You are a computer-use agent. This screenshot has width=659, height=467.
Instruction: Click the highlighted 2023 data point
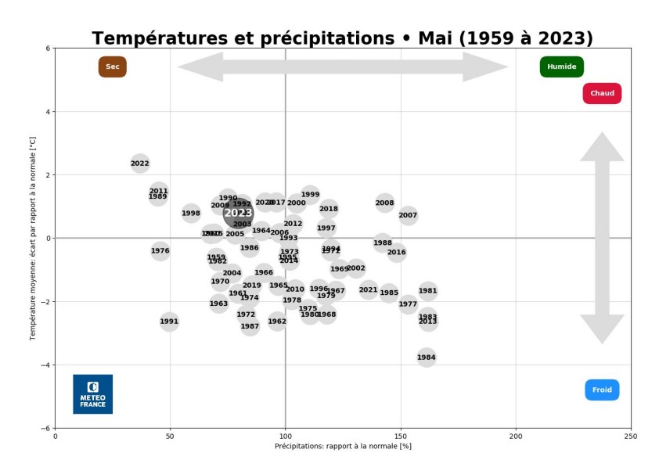238,212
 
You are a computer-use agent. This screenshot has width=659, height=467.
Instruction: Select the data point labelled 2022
140,163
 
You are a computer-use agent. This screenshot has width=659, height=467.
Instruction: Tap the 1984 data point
427,357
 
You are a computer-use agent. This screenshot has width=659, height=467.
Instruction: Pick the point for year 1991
169,322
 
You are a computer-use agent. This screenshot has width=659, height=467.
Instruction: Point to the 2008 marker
384,203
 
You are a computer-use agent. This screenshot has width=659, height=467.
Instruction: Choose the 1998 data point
191,213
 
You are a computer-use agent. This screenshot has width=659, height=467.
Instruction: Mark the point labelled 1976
160,251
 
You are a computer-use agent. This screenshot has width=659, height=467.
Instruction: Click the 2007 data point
408,215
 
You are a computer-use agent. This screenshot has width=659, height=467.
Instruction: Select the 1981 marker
427,291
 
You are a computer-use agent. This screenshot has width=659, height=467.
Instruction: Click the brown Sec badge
113,67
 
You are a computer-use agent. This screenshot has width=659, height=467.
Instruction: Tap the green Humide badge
561,67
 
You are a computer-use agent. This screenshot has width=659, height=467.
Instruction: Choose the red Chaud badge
602,94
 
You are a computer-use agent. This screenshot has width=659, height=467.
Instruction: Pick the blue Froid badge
602,390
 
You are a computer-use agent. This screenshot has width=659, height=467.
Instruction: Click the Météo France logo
92,394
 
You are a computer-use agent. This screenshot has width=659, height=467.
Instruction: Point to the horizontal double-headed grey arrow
343,67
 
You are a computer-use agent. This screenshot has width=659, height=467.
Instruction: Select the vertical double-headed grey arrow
602,238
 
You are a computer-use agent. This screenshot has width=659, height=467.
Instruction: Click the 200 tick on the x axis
517,436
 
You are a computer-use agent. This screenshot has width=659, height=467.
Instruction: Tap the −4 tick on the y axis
49,365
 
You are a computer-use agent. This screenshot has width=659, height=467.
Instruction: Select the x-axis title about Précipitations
343,447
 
